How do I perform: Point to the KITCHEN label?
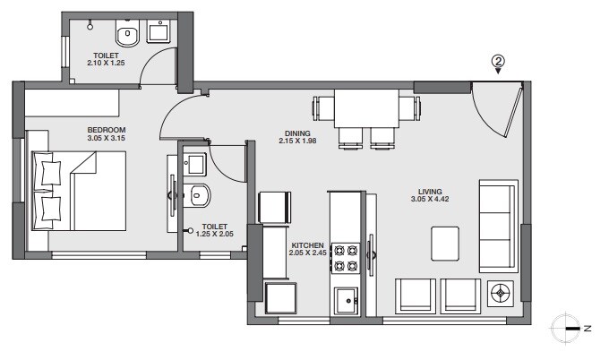[x=306, y=244]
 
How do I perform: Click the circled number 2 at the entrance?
[x=498, y=62]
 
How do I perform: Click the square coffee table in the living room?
[x=445, y=242]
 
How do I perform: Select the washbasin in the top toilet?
[x=161, y=34]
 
